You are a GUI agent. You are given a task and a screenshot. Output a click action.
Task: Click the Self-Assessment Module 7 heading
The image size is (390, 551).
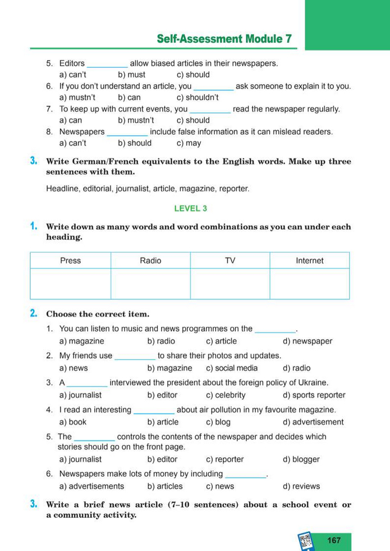(x=224, y=39)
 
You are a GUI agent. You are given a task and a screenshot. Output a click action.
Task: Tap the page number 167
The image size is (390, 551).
(x=333, y=540)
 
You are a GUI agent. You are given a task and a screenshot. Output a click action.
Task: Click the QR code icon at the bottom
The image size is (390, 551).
(x=306, y=541)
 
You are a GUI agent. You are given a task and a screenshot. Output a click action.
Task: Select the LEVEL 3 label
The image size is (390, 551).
(x=190, y=208)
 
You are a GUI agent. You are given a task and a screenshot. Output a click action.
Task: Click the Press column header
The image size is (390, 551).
(x=70, y=260)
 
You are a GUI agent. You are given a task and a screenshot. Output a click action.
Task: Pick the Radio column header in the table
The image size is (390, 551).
(x=150, y=260)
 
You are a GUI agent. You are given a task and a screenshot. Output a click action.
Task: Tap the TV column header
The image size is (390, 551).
(x=230, y=260)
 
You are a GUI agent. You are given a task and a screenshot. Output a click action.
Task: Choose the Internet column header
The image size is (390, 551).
(x=309, y=260)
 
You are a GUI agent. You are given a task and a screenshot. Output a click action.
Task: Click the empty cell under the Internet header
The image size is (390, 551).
(x=309, y=284)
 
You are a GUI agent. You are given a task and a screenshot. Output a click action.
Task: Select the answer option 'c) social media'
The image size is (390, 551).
(x=232, y=368)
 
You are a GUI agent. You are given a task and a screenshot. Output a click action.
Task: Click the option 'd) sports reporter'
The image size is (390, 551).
(x=314, y=395)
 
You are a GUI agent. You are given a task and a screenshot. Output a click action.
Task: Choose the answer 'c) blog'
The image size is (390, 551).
(x=218, y=422)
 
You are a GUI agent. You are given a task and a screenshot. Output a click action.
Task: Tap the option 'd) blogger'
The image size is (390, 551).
(x=301, y=459)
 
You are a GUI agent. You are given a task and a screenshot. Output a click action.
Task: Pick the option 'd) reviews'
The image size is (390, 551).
(x=301, y=486)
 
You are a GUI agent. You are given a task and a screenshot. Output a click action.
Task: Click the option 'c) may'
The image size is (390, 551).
(x=189, y=143)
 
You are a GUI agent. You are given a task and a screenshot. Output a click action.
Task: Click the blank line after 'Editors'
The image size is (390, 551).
(x=107, y=64)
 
